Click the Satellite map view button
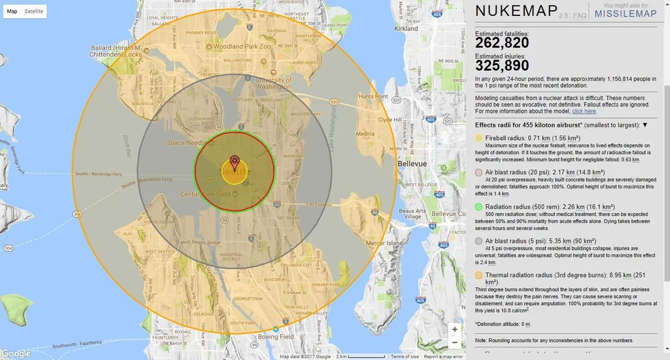click(x=33, y=11)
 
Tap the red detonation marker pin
click(x=234, y=162)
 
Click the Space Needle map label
click(x=185, y=143)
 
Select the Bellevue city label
click(x=411, y=164)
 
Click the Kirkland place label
click(x=407, y=29)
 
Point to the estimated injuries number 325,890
click(x=503, y=66)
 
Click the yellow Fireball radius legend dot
click(x=478, y=138)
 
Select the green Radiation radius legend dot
click(x=478, y=207)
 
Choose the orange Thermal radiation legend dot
click(x=478, y=275)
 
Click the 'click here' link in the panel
click(x=584, y=111)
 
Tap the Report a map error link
click(x=443, y=357)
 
